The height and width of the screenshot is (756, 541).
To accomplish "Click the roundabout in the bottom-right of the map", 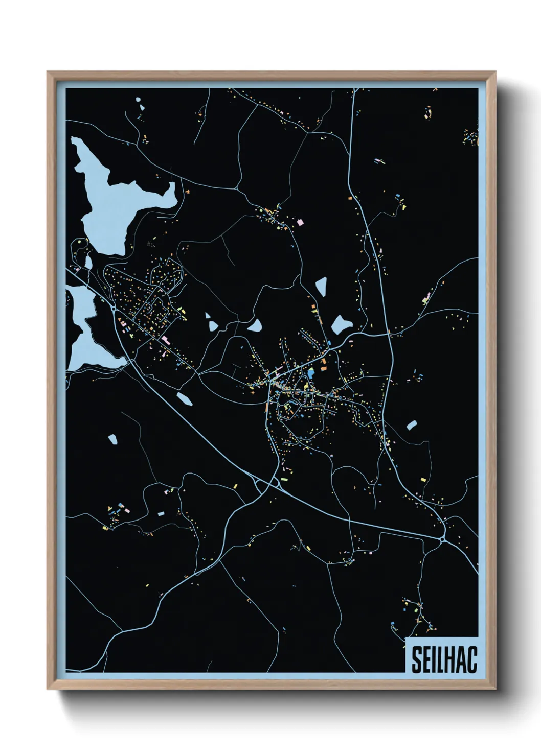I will [442, 539].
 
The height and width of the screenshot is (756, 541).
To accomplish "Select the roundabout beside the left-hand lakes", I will [113, 309].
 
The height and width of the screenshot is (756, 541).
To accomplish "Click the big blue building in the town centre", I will [310, 373].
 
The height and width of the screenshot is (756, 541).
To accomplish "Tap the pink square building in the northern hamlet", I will [300, 222].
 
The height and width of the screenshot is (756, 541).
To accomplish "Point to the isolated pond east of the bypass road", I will [412, 424].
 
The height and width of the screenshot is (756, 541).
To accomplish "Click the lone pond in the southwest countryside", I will [113, 438].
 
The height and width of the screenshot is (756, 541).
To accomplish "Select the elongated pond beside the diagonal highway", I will [184, 398].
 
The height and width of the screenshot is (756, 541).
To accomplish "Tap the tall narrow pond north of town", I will [321, 286].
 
